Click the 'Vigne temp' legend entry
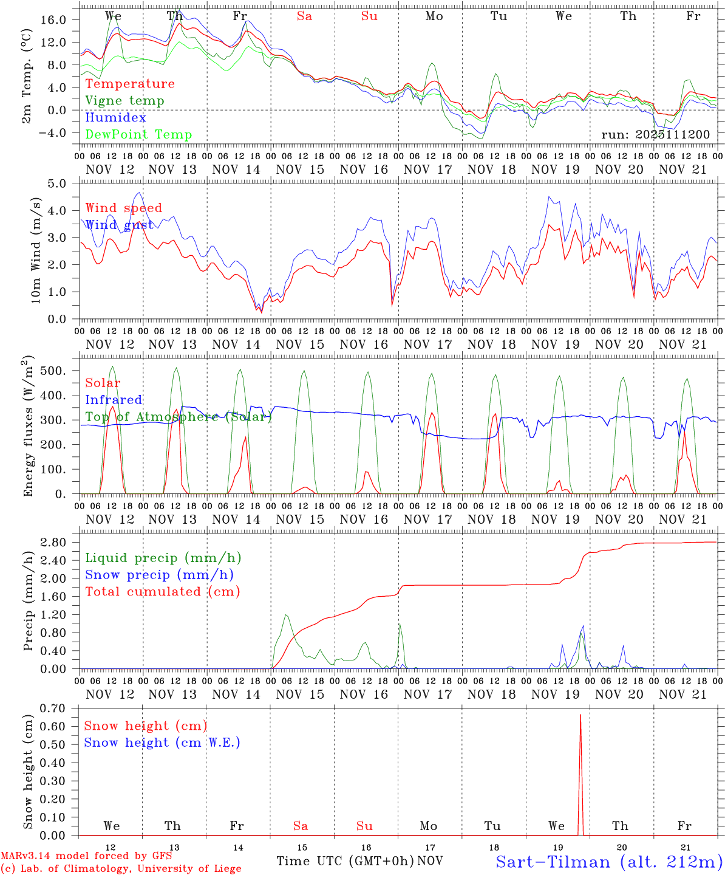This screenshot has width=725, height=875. click(124, 101)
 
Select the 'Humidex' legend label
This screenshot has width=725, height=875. click(115, 118)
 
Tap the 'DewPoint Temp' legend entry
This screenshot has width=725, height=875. click(138, 135)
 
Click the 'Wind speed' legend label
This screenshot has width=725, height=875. click(123, 208)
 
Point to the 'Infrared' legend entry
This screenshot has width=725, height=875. click(114, 400)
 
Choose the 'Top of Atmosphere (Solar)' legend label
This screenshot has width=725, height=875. click(179, 417)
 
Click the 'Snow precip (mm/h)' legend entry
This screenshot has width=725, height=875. click(159, 575)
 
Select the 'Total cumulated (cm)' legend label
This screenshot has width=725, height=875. click(162, 592)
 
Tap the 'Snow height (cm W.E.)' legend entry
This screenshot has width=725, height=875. click(162, 743)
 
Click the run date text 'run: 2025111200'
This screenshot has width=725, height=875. click(655, 135)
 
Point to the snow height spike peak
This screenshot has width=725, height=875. click(580, 715)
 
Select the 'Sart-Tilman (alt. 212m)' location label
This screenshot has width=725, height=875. click(609, 862)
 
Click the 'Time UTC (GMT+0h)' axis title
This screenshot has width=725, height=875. click(345, 861)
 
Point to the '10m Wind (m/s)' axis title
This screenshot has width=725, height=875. click(36, 250)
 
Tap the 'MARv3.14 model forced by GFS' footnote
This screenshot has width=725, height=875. click(86, 856)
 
